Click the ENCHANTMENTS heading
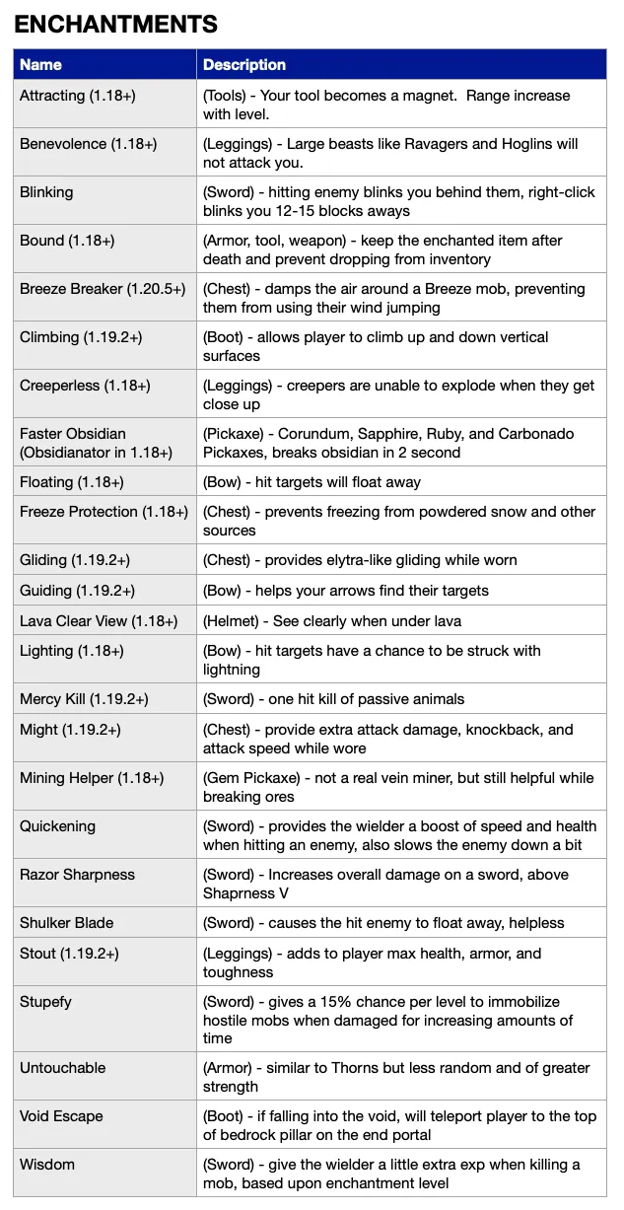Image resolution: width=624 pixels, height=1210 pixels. pyautogui.click(x=115, y=25)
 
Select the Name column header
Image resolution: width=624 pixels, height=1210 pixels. pyautogui.click(x=40, y=65)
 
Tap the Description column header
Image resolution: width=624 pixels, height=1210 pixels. pyautogui.click(x=244, y=65)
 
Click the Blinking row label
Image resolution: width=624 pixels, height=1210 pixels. pyautogui.click(x=46, y=192)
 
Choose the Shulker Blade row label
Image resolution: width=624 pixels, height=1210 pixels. pyautogui.click(x=67, y=923)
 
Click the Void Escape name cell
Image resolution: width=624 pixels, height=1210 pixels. pyautogui.click(x=61, y=1116)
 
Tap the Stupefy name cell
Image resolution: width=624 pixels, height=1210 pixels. pyautogui.click(x=45, y=1002)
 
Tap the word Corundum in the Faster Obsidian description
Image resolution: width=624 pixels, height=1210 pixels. pyautogui.click(x=312, y=434)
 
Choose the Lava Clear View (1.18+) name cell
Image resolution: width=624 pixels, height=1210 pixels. pyautogui.click(x=99, y=621)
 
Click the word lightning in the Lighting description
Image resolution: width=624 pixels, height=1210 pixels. pyautogui.click(x=232, y=670)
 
